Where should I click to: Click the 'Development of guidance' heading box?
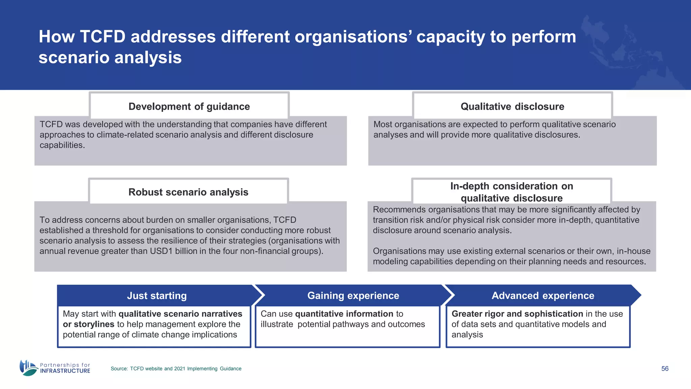coord(189,106)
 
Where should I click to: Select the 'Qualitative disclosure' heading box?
coord(512,106)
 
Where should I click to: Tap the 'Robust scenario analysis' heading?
coord(188,192)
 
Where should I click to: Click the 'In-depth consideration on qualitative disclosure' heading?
coord(512,192)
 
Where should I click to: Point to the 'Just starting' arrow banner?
coord(157,295)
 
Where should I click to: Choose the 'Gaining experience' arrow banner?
coord(353,295)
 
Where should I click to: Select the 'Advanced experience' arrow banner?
coord(543,295)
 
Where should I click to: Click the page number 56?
coord(665,368)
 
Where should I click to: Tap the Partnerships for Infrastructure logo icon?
coord(28,368)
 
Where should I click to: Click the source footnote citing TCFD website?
coord(176,368)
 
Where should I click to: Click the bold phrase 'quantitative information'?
coord(344,314)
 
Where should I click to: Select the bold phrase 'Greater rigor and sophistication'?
coord(517,314)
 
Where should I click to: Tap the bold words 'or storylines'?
coord(88,324)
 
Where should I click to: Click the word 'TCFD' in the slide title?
coord(103,36)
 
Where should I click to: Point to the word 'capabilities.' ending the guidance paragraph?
coord(62,145)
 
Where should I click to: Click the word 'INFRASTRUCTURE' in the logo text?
coord(65,371)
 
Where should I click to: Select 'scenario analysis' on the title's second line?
coord(110,57)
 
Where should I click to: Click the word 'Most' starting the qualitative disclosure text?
coord(383,124)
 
